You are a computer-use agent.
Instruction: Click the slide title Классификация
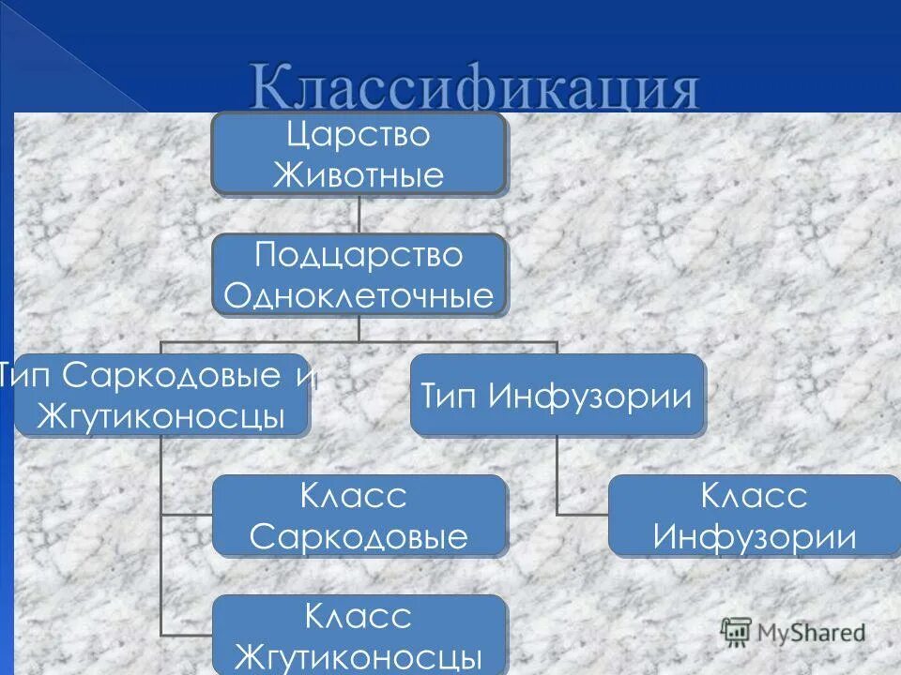pos(474,89)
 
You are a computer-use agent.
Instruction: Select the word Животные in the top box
pos(358,175)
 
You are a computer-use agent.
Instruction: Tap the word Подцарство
pos(359,255)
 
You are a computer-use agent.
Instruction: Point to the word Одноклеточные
pos(359,296)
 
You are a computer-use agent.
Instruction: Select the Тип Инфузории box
pos(557,395)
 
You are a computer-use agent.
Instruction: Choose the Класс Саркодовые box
pos(359,515)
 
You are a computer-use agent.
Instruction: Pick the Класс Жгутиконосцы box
pos(359,635)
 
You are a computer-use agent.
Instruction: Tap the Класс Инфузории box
pos(754,515)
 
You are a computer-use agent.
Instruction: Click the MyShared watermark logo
pos(793,632)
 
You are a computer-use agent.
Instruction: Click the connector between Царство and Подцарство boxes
pos(359,215)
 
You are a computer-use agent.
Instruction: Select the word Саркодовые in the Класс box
pos(359,537)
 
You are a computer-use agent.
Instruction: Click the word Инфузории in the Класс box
pos(754,537)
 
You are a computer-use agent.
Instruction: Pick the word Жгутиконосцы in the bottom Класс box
pos(359,655)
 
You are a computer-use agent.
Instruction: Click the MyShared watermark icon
pos(736,632)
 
